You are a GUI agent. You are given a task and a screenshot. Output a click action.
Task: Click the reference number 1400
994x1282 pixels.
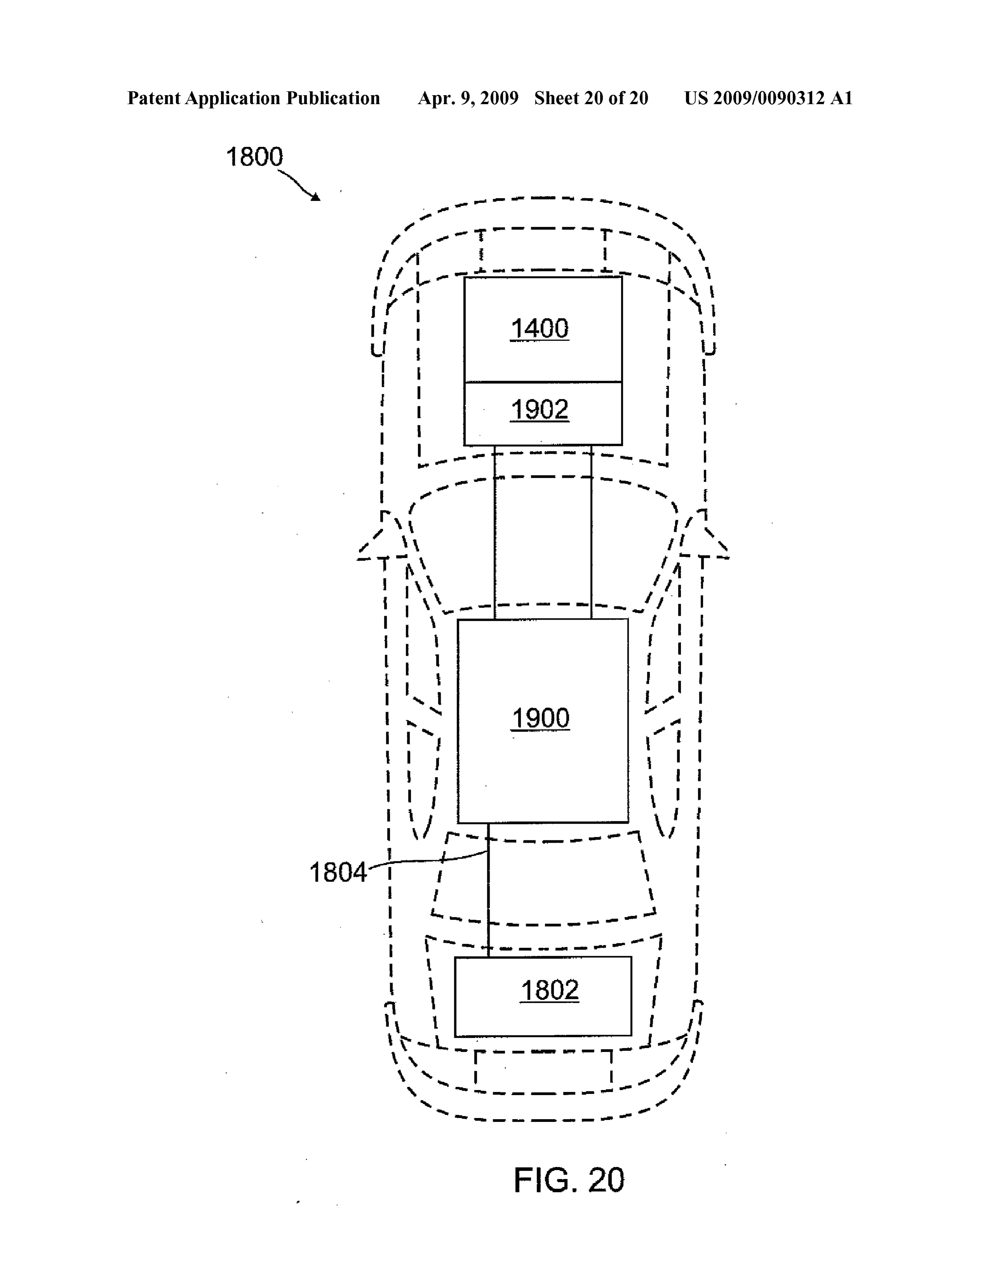[539, 329]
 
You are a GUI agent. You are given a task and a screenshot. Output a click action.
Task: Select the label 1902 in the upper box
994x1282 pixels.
[539, 410]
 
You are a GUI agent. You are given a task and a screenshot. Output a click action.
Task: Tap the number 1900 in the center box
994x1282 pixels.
[540, 718]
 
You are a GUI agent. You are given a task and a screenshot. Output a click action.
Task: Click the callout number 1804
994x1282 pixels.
[338, 873]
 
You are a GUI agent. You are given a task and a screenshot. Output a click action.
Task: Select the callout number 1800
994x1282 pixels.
[255, 157]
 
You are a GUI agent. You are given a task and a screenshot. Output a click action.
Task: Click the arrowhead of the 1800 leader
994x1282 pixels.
[316, 197]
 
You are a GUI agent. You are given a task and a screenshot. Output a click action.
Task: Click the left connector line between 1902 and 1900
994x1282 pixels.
[495, 532]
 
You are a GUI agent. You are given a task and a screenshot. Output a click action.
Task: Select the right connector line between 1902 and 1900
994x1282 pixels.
[591, 532]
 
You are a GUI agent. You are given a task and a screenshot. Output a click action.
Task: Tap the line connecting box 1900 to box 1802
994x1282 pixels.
[488, 890]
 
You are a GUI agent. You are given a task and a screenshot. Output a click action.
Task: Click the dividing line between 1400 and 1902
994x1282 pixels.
[543, 382]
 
